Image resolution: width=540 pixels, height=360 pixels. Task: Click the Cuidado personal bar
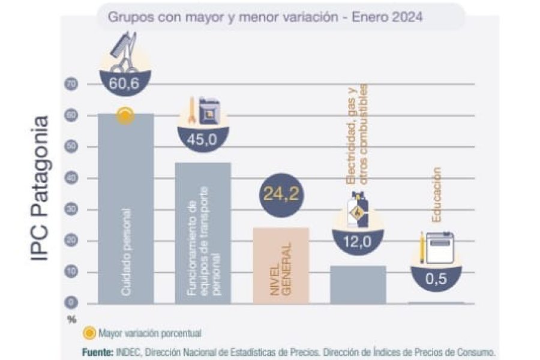click(x=125, y=210)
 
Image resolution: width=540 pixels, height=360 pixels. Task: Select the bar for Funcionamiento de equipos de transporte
click(x=203, y=234)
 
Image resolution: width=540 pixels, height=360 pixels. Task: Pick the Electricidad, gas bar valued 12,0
click(x=358, y=284)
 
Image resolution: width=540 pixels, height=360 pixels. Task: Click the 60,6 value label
click(x=124, y=84)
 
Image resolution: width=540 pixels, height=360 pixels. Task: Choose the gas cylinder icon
click(x=358, y=209)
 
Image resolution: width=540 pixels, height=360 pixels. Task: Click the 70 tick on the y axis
click(x=71, y=85)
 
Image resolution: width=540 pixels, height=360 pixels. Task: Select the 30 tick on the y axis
click(x=71, y=210)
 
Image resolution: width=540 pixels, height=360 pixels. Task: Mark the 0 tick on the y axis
click(x=71, y=304)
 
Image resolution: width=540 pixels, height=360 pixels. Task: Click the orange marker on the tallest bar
click(x=125, y=116)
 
